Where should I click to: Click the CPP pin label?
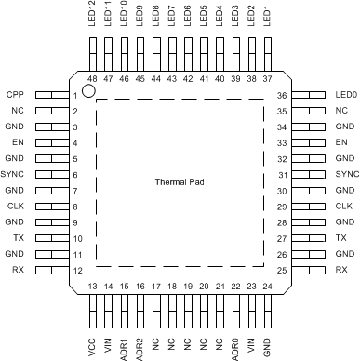pos(15,96)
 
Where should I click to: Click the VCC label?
pos(92,343)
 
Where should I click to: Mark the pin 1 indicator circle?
pos(89,91)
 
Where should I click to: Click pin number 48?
pos(92,80)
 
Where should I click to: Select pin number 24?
pos(267,286)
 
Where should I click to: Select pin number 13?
pos(92,286)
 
